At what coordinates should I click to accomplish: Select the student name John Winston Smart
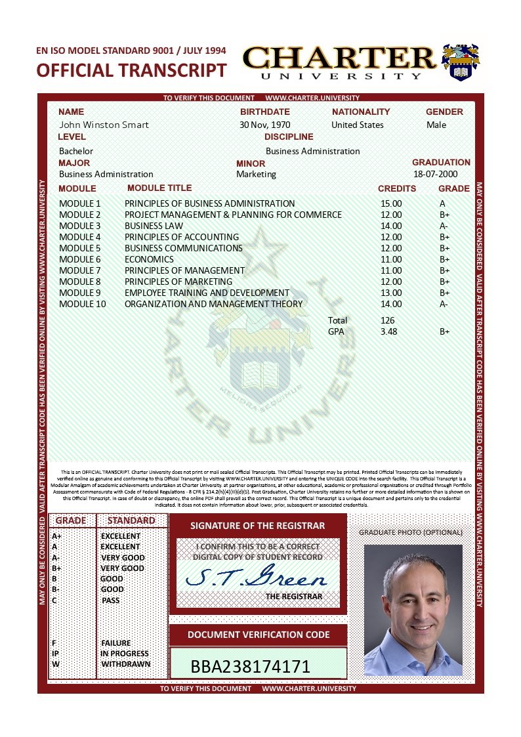(x=104, y=125)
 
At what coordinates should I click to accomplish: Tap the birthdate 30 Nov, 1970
(x=264, y=125)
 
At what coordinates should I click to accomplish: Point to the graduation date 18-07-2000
(x=436, y=174)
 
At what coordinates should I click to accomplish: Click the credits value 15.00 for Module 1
(x=391, y=203)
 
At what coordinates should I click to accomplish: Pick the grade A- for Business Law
(x=444, y=226)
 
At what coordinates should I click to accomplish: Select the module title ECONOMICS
(x=149, y=259)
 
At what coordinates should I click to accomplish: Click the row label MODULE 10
(x=82, y=304)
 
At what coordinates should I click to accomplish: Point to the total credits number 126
(x=387, y=320)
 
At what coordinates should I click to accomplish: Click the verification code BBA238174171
(x=250, y=667)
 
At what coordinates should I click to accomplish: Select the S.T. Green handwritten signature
(x=257, y=578)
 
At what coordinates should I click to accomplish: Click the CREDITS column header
(x=397, y=188)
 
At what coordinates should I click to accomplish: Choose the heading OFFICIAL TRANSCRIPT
(x=131, y=70)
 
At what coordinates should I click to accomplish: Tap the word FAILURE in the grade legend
(x=116, y=643)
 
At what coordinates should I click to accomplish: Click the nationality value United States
(x=358, y=125)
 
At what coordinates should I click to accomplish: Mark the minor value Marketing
(x=256, y=174)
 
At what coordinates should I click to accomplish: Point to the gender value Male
(x=436, y=125)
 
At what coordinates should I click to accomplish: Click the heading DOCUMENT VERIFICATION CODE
(x=258, y=635)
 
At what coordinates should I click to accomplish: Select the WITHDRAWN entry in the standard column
(x=125, y=663)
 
